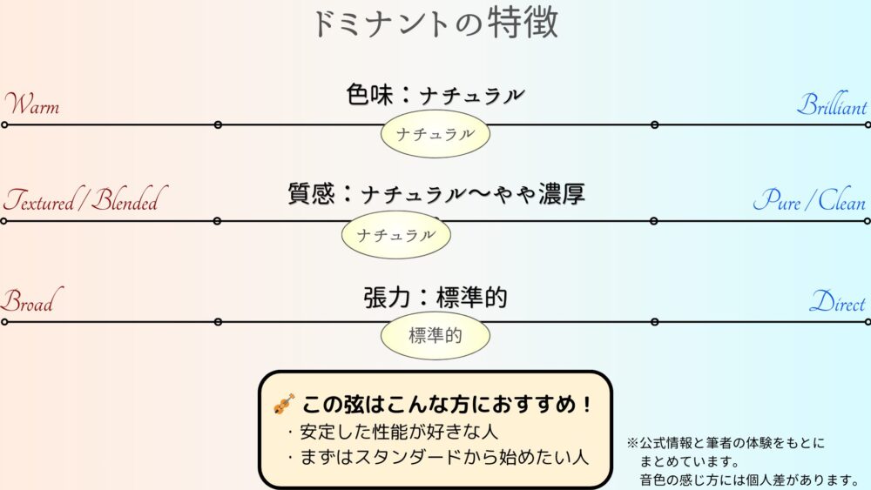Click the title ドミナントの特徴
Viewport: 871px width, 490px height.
coord(435,23)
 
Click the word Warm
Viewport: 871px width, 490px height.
coord(33,105)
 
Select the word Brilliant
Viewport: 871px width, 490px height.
coord(832,106)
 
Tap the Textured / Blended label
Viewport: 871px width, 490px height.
coord(82,201)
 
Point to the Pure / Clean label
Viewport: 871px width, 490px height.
coord(809,202)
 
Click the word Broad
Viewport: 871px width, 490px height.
coord(27,302)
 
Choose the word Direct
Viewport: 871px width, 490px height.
coord(837,303)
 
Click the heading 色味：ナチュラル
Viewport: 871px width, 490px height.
coord(435,95)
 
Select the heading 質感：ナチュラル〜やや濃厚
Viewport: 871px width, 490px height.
coord(435,193)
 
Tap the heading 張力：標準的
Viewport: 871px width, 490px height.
coord(435,298)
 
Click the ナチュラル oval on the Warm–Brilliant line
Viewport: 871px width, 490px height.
coord(435,134)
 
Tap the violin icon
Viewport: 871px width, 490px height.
coord(284,405)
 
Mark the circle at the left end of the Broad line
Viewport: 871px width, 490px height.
coord(3,322)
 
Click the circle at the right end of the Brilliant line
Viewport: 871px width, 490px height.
coord(868,124)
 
